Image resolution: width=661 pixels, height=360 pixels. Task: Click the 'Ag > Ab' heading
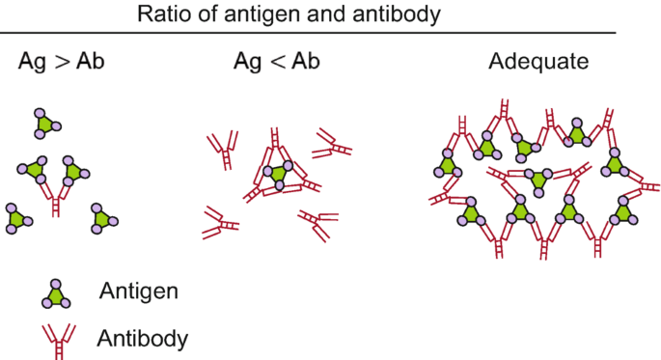coord(61,63)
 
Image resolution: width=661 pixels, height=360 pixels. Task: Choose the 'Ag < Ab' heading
coord(277,63)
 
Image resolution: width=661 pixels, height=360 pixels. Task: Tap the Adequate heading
coord(538,63)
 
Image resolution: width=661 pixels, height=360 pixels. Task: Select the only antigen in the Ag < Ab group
coord(279,175)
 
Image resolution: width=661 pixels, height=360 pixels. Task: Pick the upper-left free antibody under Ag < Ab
coord(222,150)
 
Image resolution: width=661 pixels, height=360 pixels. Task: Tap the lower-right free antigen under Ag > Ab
coord(102,219)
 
